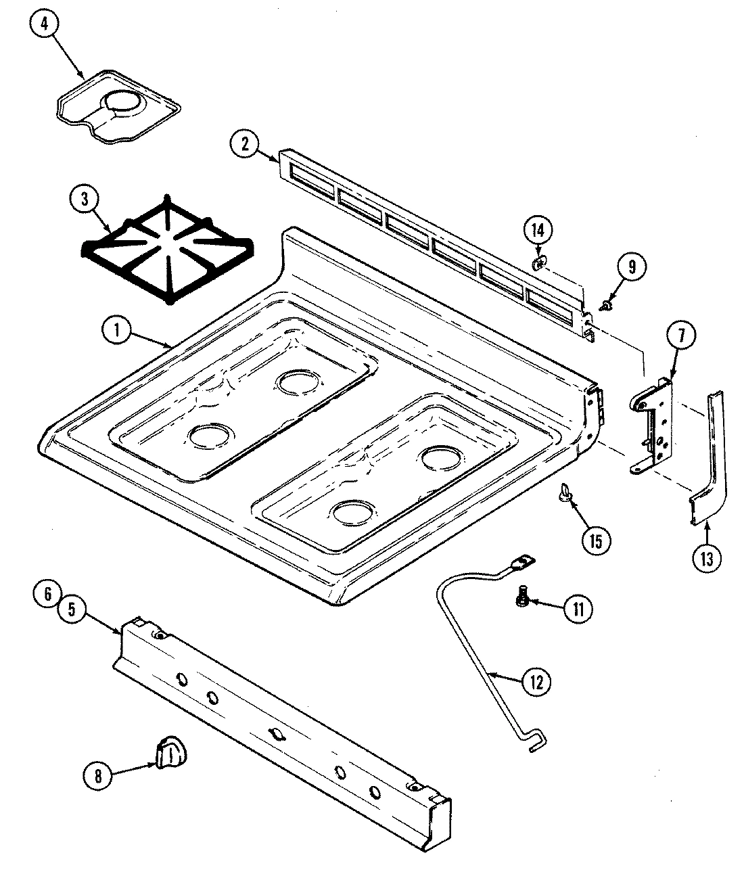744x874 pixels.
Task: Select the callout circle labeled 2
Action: (x=245, y=143)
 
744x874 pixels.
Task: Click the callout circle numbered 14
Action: (x=537, y=230)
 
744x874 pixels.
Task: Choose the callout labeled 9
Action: (x=630, y=267)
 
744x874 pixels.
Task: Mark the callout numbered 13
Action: (x=706, y=558)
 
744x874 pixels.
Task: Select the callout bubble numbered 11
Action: (x=578, y=609)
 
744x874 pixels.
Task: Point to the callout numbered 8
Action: (x=98, y=776)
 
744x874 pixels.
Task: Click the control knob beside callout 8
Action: (x=170, y=752)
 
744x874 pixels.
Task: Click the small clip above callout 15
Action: (x=563, y=493)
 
